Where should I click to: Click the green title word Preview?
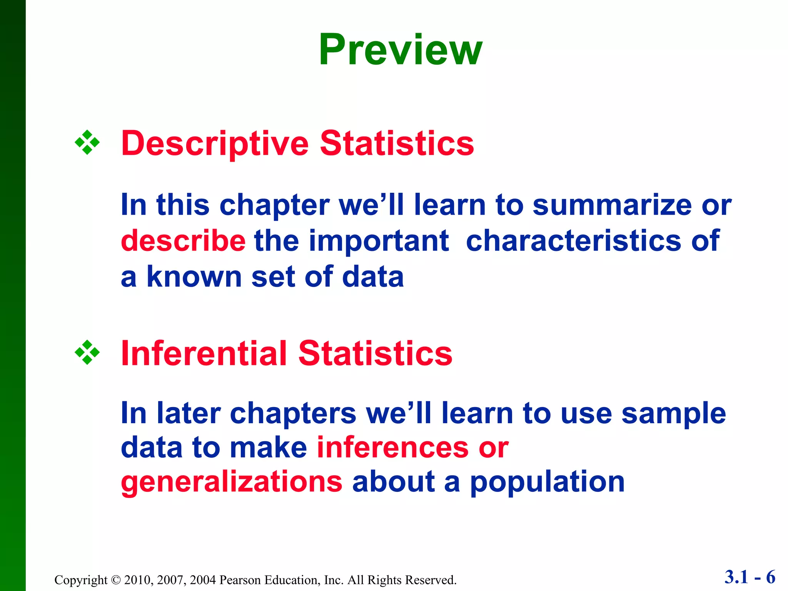click(400, 50)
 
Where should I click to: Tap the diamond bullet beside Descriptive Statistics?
click(87, 143)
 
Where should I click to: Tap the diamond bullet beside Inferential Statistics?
click(87, 352)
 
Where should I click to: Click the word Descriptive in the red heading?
click(215, 144)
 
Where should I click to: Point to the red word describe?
click(183, 241)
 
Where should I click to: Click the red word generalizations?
click(231, 482)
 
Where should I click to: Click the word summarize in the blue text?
click(612, 205)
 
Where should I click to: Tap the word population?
click(547, 482)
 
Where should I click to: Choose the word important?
click(379, 241)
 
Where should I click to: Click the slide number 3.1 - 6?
click(750, 577)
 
